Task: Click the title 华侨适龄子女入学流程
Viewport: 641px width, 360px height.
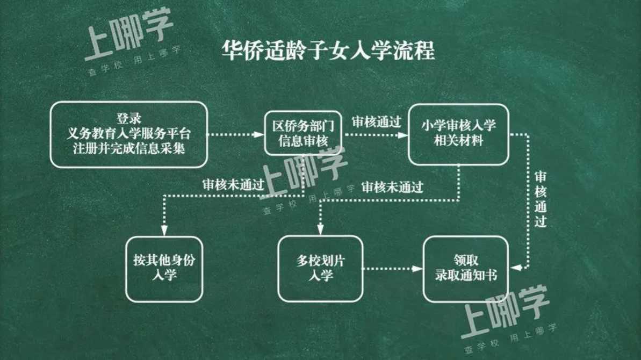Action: coord(328,51)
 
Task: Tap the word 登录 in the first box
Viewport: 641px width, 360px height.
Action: coord(129,119)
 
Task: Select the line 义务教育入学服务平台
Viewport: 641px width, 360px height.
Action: coord(129,133)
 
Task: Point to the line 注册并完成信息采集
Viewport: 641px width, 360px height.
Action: coord(129,148)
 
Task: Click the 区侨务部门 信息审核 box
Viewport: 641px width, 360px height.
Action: coord(303,133)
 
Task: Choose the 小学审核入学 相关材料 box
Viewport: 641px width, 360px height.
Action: coord(458,134)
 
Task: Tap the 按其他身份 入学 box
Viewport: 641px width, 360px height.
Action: coord(164,269)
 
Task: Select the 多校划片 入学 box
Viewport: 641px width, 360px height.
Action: coord(320,269)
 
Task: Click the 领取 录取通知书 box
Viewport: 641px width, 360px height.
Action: coord(466,269)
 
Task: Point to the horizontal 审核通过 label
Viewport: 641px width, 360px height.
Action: coord(377,122)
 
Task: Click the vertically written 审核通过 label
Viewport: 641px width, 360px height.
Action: coord(541,199)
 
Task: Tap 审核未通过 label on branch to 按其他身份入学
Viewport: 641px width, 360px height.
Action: coord(233,185)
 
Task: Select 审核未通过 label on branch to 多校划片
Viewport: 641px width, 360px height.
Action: coord(392,187)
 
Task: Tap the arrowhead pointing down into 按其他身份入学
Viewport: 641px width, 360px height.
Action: coord(164,231)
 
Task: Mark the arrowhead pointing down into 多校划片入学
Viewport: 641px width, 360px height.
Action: coord(320,229)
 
